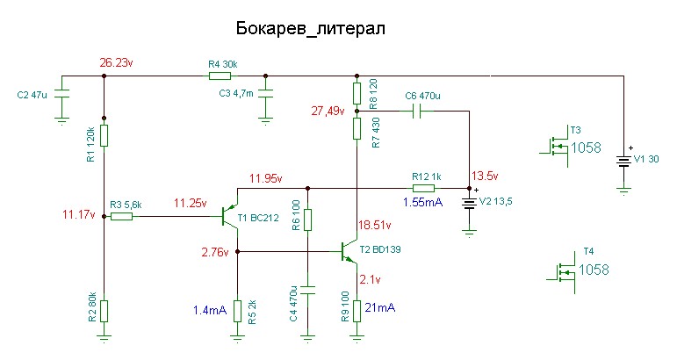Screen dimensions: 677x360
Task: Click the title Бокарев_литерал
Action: [311, 29]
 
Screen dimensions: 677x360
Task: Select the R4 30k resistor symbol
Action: [220, 76]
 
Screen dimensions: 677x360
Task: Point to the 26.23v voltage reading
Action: [116, 62]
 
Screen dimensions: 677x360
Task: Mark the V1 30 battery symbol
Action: [623, 161]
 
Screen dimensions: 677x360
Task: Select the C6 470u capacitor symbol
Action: [416, 112]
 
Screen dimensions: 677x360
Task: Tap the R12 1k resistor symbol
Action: [423, 188]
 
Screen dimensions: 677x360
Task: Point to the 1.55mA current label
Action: [422, 202]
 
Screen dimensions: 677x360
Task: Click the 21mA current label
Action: [380, 308]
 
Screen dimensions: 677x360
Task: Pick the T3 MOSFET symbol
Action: [556, 146]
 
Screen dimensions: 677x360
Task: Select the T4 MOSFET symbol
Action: [564, 272]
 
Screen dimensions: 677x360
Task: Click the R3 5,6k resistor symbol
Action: [122, 216]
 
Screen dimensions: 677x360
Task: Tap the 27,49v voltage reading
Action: [328, 112]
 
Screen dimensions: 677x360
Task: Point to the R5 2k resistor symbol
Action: [237, 311]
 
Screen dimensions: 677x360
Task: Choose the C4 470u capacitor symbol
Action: [307, 289]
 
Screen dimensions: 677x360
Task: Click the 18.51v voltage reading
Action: [375, 225]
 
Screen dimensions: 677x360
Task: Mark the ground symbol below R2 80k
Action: [104, 338]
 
